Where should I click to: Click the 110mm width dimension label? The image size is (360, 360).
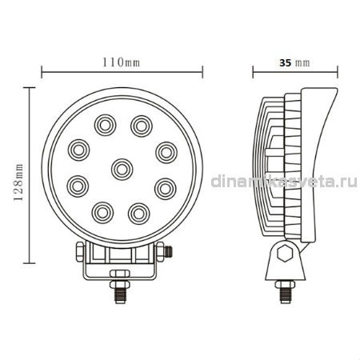click(121, 62)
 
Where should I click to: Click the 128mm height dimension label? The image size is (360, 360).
click(19, 182)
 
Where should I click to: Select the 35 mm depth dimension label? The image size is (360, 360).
click(294, 63)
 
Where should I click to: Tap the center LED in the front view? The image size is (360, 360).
click(122, 170)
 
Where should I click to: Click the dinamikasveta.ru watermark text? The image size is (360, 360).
click(284, 182)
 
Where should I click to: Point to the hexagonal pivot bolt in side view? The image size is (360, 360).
click(285, 253)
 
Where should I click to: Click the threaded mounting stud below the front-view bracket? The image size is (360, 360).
click(120, 292)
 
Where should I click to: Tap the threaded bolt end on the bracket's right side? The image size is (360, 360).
click(168, 251)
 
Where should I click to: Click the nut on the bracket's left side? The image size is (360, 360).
click(80, 252)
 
